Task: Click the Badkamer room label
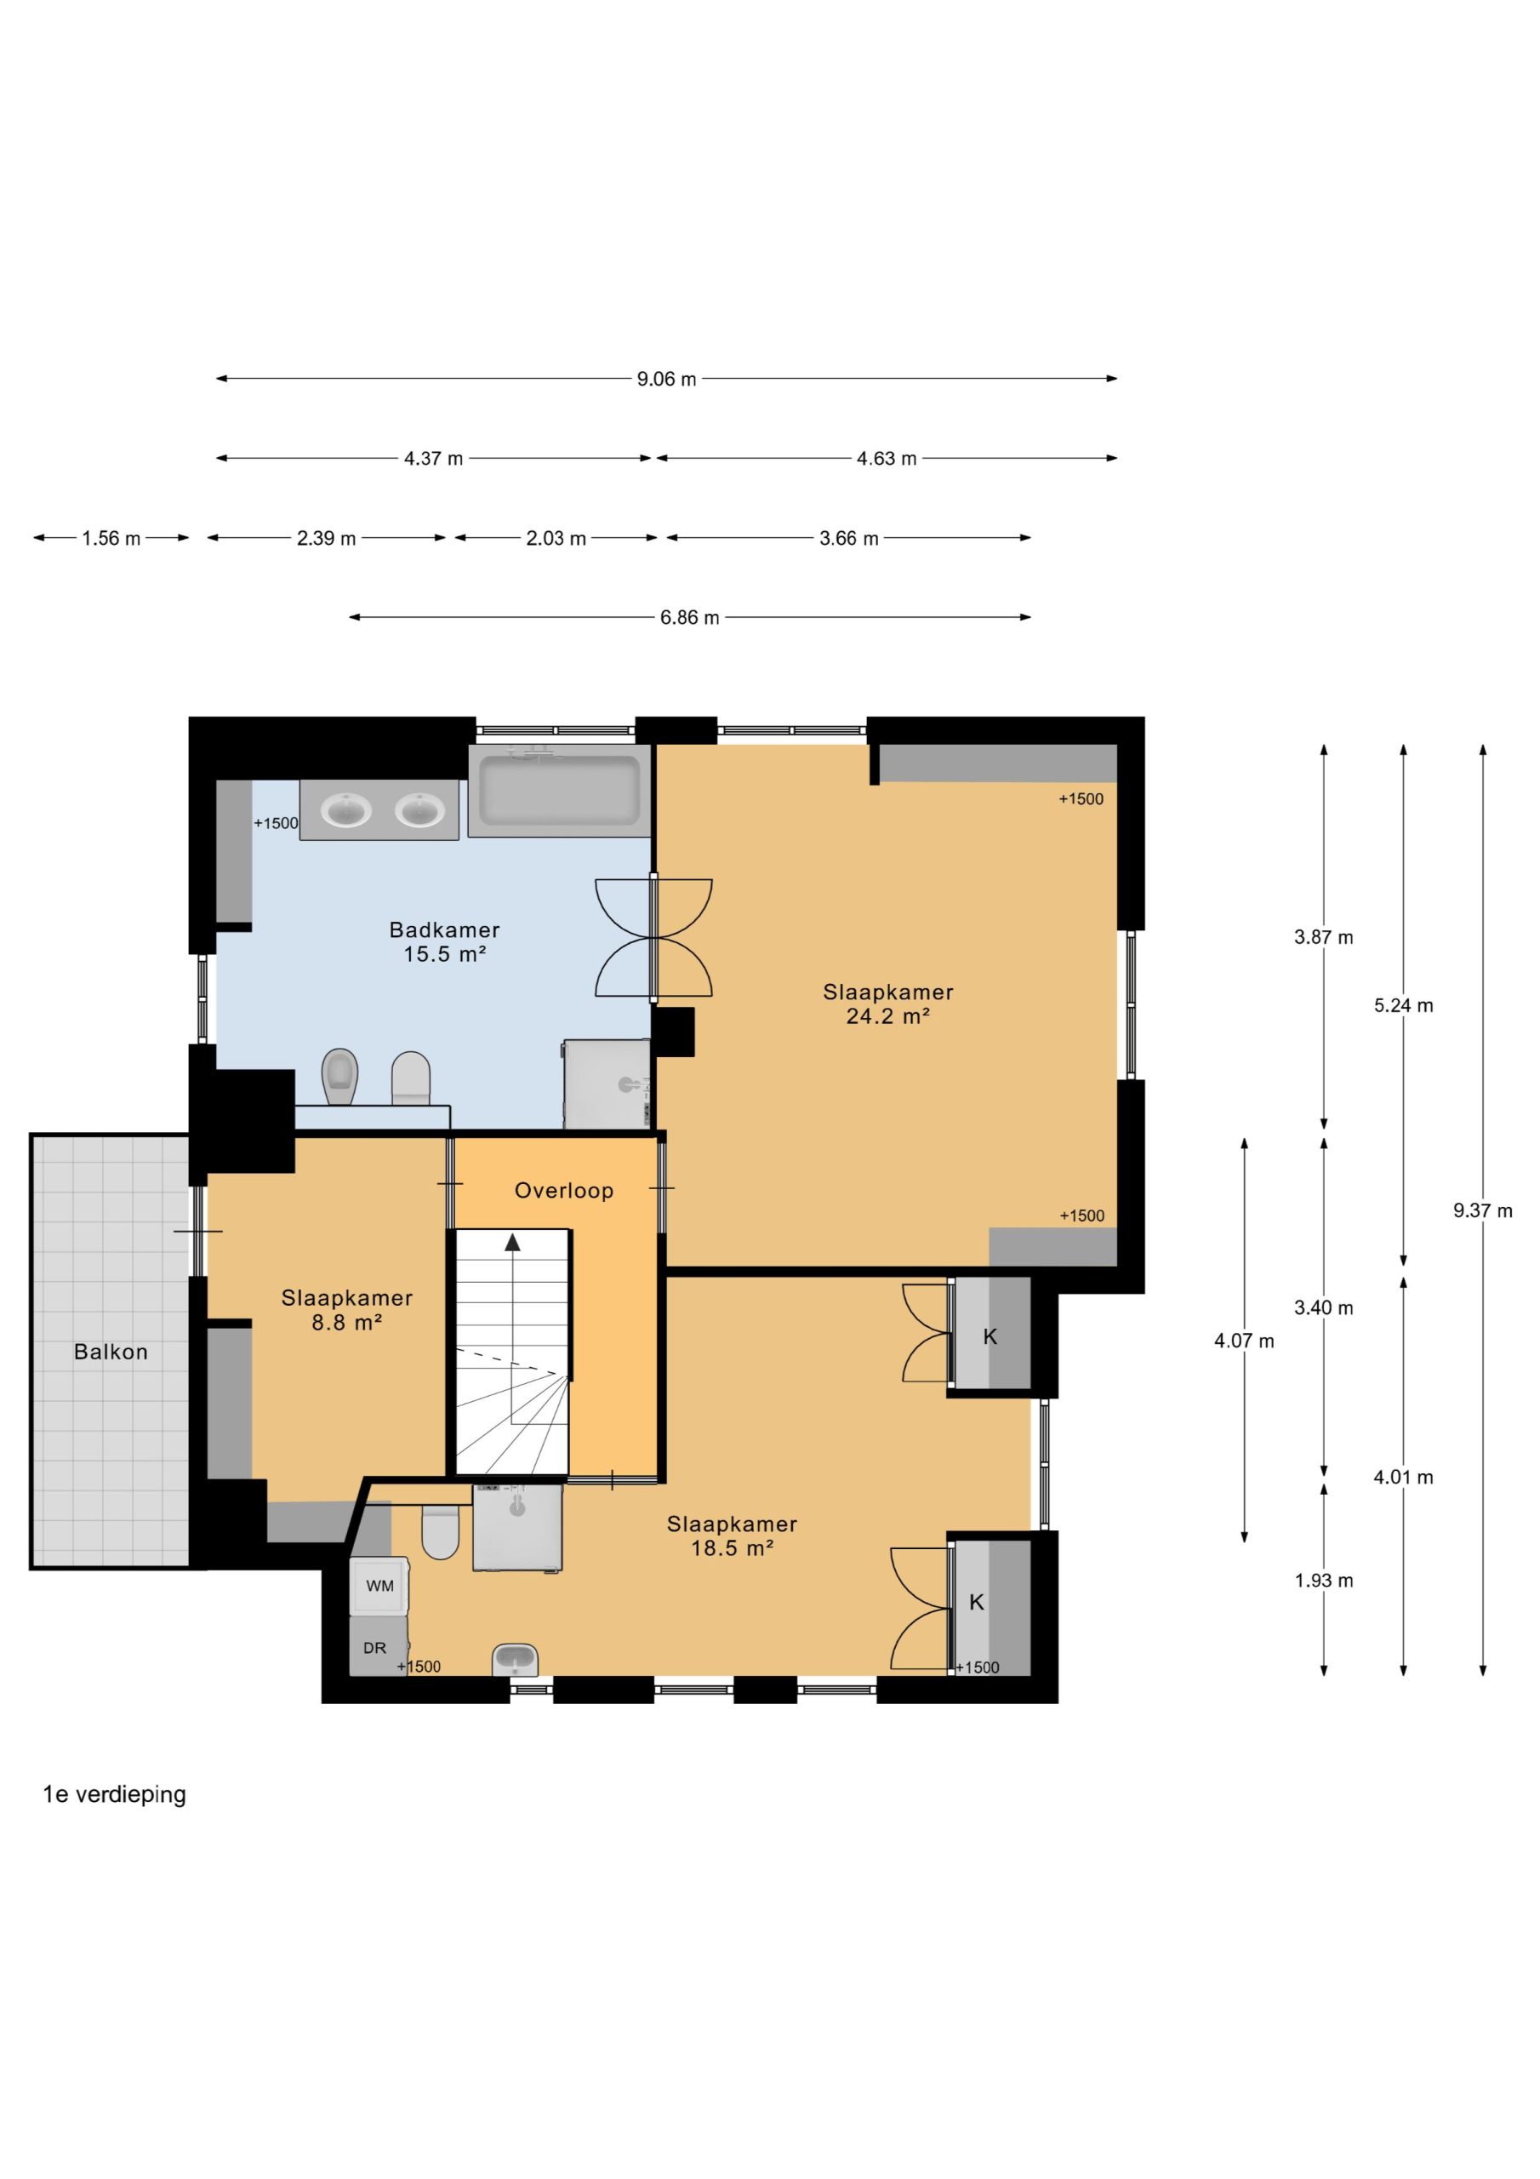click(444, 930)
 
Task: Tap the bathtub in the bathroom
click(559, 792)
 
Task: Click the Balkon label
click(111, 1353)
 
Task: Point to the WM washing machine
click(379, 1586)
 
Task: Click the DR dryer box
click(379, 1648)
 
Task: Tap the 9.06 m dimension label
click(666, 380)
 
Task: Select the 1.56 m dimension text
click(111, 539)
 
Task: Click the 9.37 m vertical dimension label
click(1482, 1211)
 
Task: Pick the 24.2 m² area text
click(887, 1016)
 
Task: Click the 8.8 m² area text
click(346, 1322)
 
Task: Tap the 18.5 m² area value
click(732, 1548)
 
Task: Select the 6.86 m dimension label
click(690, 618)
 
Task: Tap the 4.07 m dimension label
click(1244, 1341)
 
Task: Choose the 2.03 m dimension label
click(556, 539)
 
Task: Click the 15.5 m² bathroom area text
click(444, 955)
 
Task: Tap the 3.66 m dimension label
click(848, 539)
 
